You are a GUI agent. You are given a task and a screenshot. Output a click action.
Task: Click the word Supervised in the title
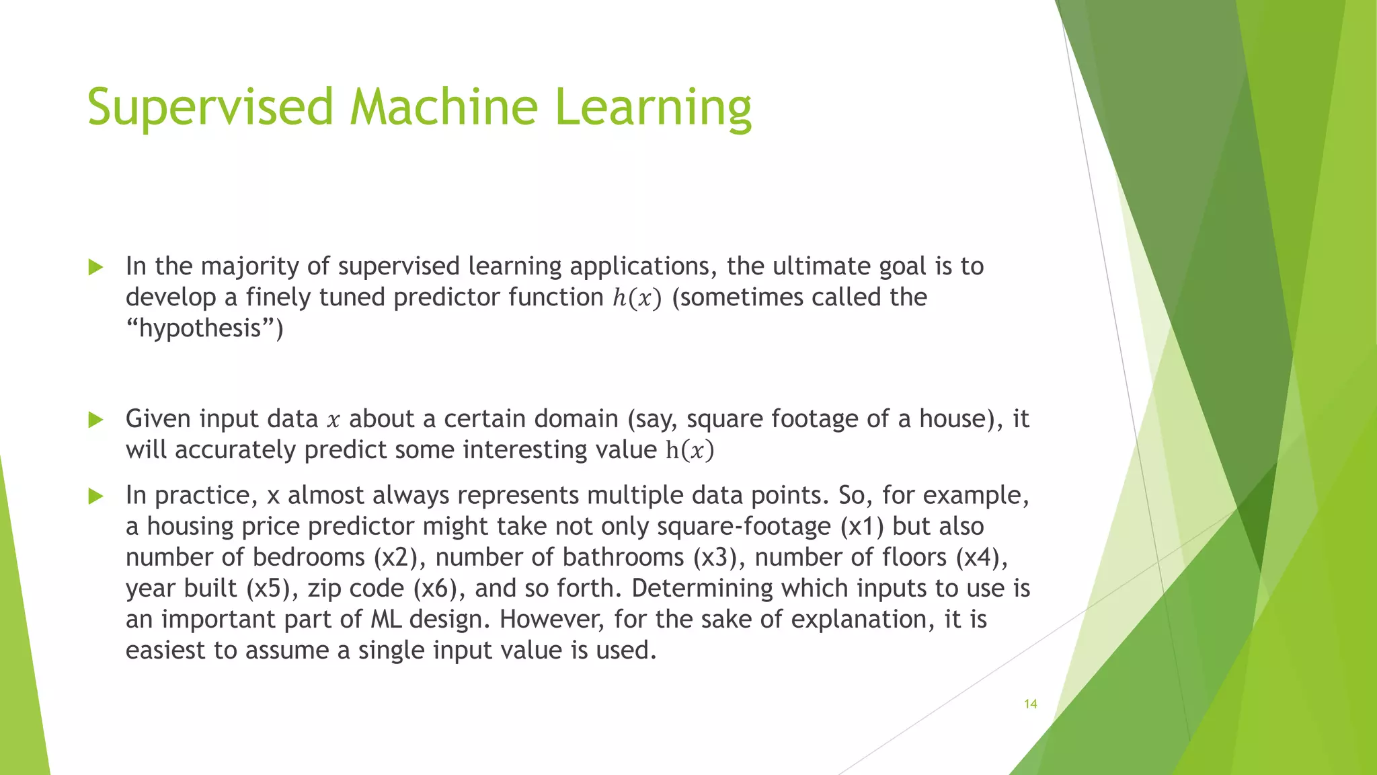coord(210,108)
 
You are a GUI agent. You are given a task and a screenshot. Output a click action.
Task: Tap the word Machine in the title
coord(444,108)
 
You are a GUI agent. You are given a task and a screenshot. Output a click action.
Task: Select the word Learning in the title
coord(653,108)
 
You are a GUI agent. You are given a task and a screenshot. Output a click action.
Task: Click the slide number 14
coord(1030,704)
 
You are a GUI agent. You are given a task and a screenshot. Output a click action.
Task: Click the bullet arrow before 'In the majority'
coord(96,268)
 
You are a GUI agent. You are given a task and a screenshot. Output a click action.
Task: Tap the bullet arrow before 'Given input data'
coord(96,420)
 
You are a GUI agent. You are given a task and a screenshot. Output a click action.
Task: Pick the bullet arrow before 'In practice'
coord(96,497)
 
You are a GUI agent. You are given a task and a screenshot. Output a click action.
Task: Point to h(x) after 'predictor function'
coord(637,298)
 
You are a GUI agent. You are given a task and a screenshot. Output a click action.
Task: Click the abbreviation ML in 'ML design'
coord(386,620)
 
